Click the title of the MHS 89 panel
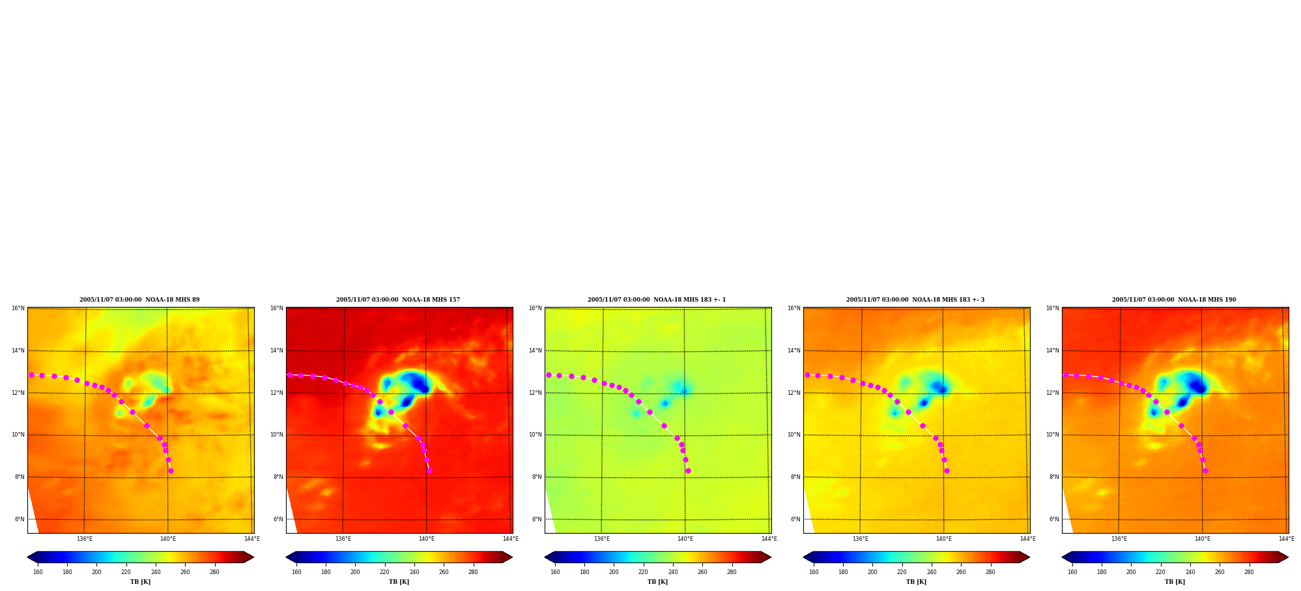click(139, 300)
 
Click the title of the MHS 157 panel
click(398, 300)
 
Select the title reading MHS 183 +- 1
click(657, 300)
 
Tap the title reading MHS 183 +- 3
click(915, 300)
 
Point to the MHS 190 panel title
click(1174, 300)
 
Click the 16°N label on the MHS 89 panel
click(18, 308)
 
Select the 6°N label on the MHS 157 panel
click(278, 519)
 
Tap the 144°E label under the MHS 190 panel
click(1286, 539)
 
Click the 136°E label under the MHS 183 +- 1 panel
click(602, 539)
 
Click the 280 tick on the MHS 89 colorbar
click(214, 572)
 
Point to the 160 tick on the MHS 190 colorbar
click(1072, 572)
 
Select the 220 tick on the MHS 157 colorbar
click(384, 572)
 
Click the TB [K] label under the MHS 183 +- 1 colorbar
click(657, 582)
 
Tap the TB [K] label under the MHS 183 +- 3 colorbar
click(916, 582)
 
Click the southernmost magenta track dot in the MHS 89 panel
click(171, 470)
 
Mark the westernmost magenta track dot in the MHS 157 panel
click(290, 375)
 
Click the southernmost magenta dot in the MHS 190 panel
click(1205, 470)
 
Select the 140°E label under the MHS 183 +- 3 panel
click(944, 539)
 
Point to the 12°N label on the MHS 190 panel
click(1053, 393)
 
